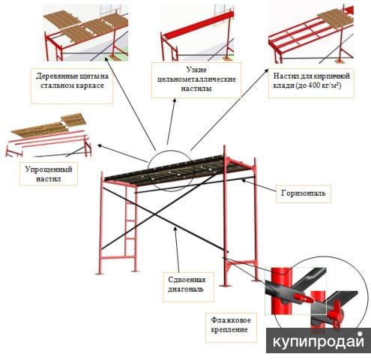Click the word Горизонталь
click(304, 193)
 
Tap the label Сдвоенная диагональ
click(187, 284)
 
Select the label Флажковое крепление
click(230, 325)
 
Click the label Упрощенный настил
click(49, 174)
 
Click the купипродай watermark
click(319, 341)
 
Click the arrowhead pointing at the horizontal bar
click(243, 180)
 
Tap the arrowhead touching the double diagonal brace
click(175, 228)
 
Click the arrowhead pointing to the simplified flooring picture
click(100, 145)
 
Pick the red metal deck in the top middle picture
click(198, 24)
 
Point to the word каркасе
click(91, 85)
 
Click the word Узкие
click(196, 70)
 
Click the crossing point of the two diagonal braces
click(155, 214)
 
